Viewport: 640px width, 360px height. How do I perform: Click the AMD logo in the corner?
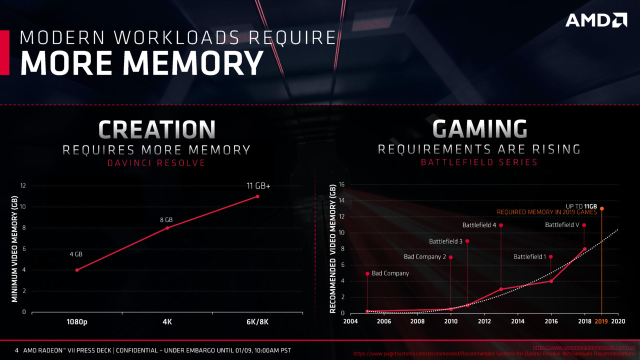click(x=596, y=20)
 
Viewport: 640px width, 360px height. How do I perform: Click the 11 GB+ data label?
click(x=258, y=186)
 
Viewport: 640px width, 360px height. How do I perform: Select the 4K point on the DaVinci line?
click(x=167, y=228)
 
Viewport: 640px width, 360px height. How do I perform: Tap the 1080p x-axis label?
click(x=77, y=321)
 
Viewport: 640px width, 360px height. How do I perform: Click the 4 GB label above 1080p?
click(x=76, y=254)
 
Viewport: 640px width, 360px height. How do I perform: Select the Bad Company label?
click(x=390, y=273)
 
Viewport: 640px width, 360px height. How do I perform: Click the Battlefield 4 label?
click(x=479, y=225)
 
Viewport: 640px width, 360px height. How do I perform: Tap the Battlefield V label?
click(x=562, y=225)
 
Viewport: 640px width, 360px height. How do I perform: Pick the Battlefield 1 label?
click(x=529, y=257)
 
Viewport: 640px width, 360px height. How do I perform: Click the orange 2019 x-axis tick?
click(x=601, y=321)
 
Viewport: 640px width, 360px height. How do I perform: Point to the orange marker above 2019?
click(x=601, y=208)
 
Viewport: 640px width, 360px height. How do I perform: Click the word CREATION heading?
click(x=156, y=129)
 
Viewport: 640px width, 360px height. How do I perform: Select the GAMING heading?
click(x=479, y=129)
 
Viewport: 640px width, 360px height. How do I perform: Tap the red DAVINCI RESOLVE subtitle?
click(x=156, y=163)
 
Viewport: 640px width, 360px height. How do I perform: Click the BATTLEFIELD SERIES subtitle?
click(x=479, y=162)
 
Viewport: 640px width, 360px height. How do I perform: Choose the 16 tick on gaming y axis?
click(x=342, y=184)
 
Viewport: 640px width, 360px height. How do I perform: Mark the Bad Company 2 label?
click(x=424, y=257)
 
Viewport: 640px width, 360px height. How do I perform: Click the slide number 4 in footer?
click(x=16, y=350)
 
